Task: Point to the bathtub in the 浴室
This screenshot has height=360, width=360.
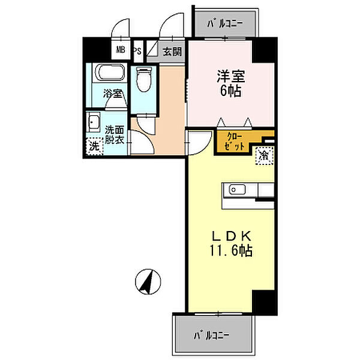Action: (109, 74)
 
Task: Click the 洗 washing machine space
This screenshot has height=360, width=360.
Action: (94, 145)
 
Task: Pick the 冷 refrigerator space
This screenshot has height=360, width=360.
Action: (264, 155)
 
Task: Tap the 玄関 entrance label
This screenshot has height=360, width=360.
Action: (172, 52)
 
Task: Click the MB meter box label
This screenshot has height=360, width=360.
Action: (121, 50)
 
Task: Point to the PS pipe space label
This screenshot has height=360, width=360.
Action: (137, 51)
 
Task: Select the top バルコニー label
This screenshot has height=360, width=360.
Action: (225, 24)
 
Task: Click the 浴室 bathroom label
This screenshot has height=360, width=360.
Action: (112, 94)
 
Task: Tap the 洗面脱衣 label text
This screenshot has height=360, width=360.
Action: (114, 134)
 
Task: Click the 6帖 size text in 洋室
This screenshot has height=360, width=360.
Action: (227, 91)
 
